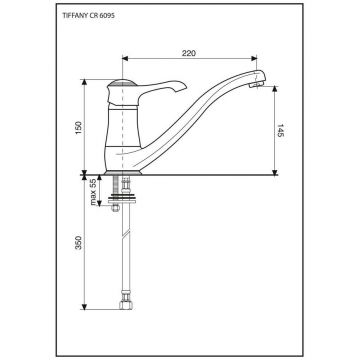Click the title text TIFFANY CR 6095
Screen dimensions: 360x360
coord(88,15)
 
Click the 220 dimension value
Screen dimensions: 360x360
coord(189,53)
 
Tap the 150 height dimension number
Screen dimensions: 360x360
coord(78,128)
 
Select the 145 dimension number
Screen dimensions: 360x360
coord(280,131)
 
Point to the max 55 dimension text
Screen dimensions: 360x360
coord(93,192)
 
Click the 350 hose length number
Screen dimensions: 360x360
coord(78,243)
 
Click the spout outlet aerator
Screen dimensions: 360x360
coord(257,85)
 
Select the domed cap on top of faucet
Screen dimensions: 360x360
coord(122,82)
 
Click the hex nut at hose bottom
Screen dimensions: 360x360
coord(126,305)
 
